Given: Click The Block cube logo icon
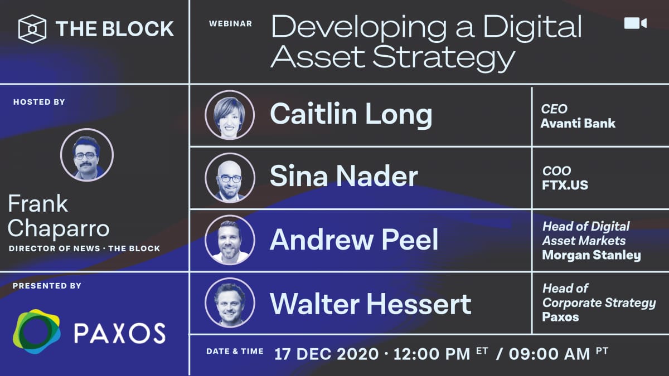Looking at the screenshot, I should coord(32,28).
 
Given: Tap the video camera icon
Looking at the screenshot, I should coord(635,23).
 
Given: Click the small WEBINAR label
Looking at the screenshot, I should coord(230,24).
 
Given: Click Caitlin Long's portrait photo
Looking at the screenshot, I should coord(230,115).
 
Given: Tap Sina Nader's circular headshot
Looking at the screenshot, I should coord(230,178).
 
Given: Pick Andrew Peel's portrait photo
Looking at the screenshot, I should coord(230,240).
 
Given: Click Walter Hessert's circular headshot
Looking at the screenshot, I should coord(230,302).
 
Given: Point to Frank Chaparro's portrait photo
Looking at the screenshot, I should coord(87,154).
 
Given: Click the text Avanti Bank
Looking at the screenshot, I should coord(578,123).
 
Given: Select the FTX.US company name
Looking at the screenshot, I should coord(565,185).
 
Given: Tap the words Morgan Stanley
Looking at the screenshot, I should coord(591,256).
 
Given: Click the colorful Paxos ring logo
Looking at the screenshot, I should coord(37,332).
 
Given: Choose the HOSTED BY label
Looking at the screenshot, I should coord(39,102).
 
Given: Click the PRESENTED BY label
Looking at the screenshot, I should coord(47,286).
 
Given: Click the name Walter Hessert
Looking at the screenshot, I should coord(371,303).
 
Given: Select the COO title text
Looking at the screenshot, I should coord(556,171).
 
